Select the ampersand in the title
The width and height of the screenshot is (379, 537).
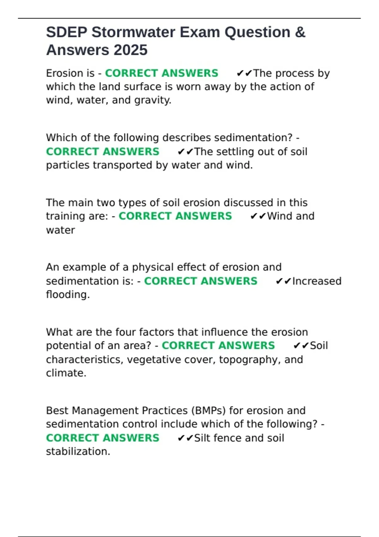point(300,32)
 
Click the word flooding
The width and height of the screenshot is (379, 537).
point(68,295)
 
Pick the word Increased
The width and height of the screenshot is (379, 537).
point(317,281)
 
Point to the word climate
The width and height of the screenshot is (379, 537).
point(66,373)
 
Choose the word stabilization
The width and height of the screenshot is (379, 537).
point(78,452)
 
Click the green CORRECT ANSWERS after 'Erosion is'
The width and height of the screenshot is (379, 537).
point(161,73)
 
